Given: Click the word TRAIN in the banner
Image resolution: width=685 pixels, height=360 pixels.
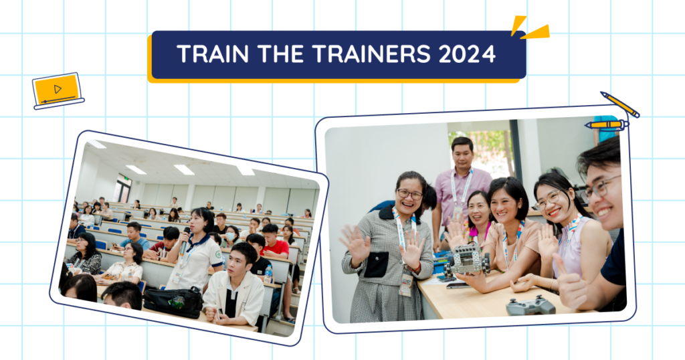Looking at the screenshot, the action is (x=213, y=54).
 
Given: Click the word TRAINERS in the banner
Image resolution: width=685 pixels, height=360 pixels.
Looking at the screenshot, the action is (x=372, y=54).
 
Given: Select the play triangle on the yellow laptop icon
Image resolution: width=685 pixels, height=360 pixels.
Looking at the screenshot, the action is (x=58, y=89).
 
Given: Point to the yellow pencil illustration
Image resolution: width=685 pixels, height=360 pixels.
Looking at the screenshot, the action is (x=619, y=104).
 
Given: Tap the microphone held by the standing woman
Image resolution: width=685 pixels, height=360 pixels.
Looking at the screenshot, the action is (x=185, y=240).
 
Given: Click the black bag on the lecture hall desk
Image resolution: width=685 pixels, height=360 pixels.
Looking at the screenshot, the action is (x=173, y=302).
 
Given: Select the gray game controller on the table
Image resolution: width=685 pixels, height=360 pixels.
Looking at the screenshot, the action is (x=530, y=305).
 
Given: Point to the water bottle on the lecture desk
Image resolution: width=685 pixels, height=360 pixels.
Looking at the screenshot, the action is (x=268, y=274).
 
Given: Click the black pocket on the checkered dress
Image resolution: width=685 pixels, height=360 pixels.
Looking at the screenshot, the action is (x=376, y=264).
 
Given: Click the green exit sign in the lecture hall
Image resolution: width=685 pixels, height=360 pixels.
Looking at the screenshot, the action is (x=125, y=178).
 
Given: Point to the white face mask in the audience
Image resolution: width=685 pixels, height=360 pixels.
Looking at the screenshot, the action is (x=230, y=237).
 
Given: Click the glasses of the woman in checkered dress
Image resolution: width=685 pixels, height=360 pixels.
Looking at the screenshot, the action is (x=409, y=194).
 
